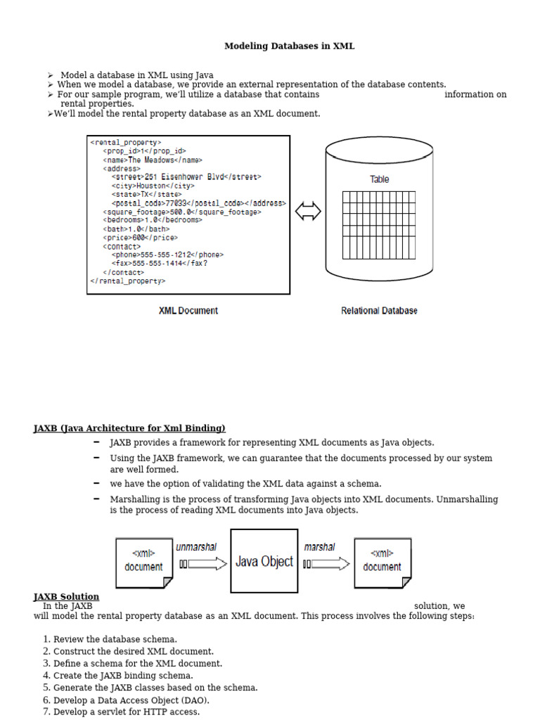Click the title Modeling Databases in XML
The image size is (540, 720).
289,46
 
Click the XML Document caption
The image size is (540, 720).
188,310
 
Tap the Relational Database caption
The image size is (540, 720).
379,310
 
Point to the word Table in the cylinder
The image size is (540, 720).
379,179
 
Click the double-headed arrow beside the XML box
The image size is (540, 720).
308,211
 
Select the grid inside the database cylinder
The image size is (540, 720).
378,224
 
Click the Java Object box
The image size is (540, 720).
264,561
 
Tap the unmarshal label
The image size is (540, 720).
196,547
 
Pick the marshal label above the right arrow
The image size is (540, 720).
319,547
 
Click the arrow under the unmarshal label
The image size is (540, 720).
203,563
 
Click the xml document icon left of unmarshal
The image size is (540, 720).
143,562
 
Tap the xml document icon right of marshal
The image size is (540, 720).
382,562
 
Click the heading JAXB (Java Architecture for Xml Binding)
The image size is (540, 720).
129,428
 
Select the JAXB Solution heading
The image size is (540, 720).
66,597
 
